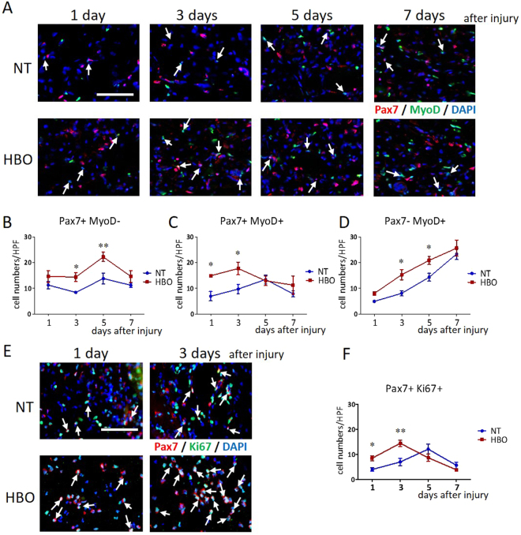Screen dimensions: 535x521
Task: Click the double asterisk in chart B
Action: [102, 245]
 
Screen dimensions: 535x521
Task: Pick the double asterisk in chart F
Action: [400, 431]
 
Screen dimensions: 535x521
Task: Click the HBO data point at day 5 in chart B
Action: [103, 256]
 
